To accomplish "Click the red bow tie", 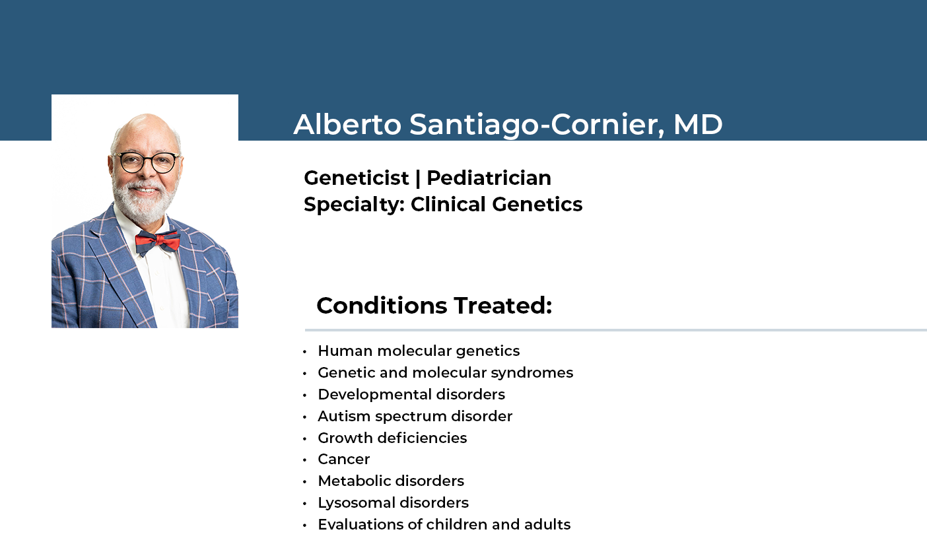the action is [x=158, y=242].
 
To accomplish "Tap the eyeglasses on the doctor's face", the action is [x=147, y=162].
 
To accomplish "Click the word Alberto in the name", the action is [x=347, y=124].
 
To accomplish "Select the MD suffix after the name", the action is [x=698, y=124].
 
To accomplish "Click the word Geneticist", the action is [x=357, y=178].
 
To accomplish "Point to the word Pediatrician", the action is [x=489, y=178].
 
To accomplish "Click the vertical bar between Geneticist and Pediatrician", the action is [x=417, y=178].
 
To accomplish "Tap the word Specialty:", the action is [x=355, y=205].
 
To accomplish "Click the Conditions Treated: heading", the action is [x=434, y=306].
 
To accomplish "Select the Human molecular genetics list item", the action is [x=419, y=351].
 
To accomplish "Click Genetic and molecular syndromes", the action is [x=445, y=373].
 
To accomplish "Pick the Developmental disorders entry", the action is [x=411, y=394].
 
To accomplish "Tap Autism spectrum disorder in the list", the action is [x=415, y=416].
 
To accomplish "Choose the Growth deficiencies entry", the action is [x=392, y=438].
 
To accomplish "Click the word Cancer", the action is [x=343, y=460].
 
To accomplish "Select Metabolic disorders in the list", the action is [x=391, y=481].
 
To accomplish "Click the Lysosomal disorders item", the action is [x=393, y=503].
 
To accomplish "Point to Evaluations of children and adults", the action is [x=444, y=524].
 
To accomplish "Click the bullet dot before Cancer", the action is [x=304, y=460].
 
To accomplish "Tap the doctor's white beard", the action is [x=143, y=203].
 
